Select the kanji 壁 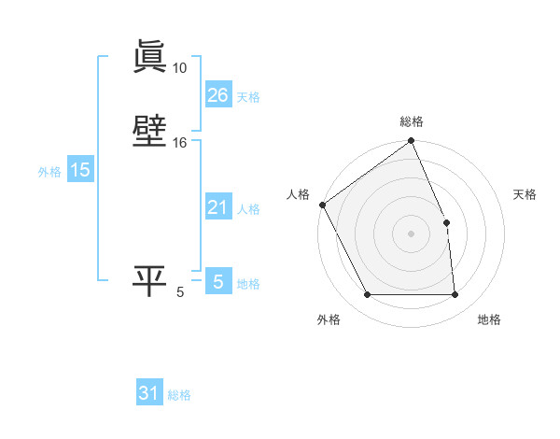click(x=149, y=133)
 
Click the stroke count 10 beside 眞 click(x=179, y=68)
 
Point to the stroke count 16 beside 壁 click(x=179, y=143)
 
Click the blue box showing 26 click(x=217, y=95)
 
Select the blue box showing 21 click(x=217, y=207)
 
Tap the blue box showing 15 click(x=79, y=170)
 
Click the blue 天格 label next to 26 click(x=248, y=97)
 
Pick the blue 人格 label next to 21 click(x=248, y=209)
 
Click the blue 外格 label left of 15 click(x=49, y=172)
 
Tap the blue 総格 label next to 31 click(x=179, y=396)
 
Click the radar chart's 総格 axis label click(x=412, y=121)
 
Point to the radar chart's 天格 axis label click(x=525, y=194)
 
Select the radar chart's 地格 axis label click(x=489, y=319)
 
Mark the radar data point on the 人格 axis click(x=322, y=205)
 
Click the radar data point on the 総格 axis click(x=412, y=142)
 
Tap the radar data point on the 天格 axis click(x=446, y=222)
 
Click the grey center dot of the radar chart click(x=412, y=234)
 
